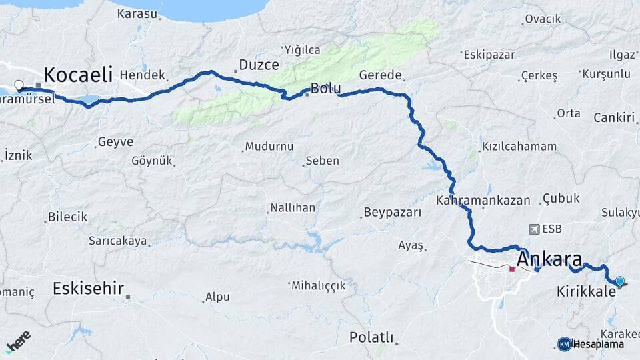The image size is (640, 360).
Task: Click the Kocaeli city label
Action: click(78, 74)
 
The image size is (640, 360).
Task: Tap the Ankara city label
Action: click(549, 259)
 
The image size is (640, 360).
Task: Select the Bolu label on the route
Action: click(325, 89)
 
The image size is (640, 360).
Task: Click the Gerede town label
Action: click(380, 75)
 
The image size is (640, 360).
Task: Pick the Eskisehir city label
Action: click(88, 289)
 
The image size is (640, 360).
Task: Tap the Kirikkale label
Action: click(585, 291)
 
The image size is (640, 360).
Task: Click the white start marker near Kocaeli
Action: click(19, 85)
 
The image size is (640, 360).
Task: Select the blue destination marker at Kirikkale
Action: click(620, 281)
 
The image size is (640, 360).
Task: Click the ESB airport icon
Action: click(533, 229)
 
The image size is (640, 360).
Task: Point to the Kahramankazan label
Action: click(483, 200)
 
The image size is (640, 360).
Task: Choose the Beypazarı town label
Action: click(392, 213)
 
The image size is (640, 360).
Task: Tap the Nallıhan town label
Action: click(292, 208)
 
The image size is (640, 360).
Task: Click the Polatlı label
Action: click(371, 337)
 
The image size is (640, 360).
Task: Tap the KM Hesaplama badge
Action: click(591, 344)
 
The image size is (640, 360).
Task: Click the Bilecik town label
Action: click(67, 217)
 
